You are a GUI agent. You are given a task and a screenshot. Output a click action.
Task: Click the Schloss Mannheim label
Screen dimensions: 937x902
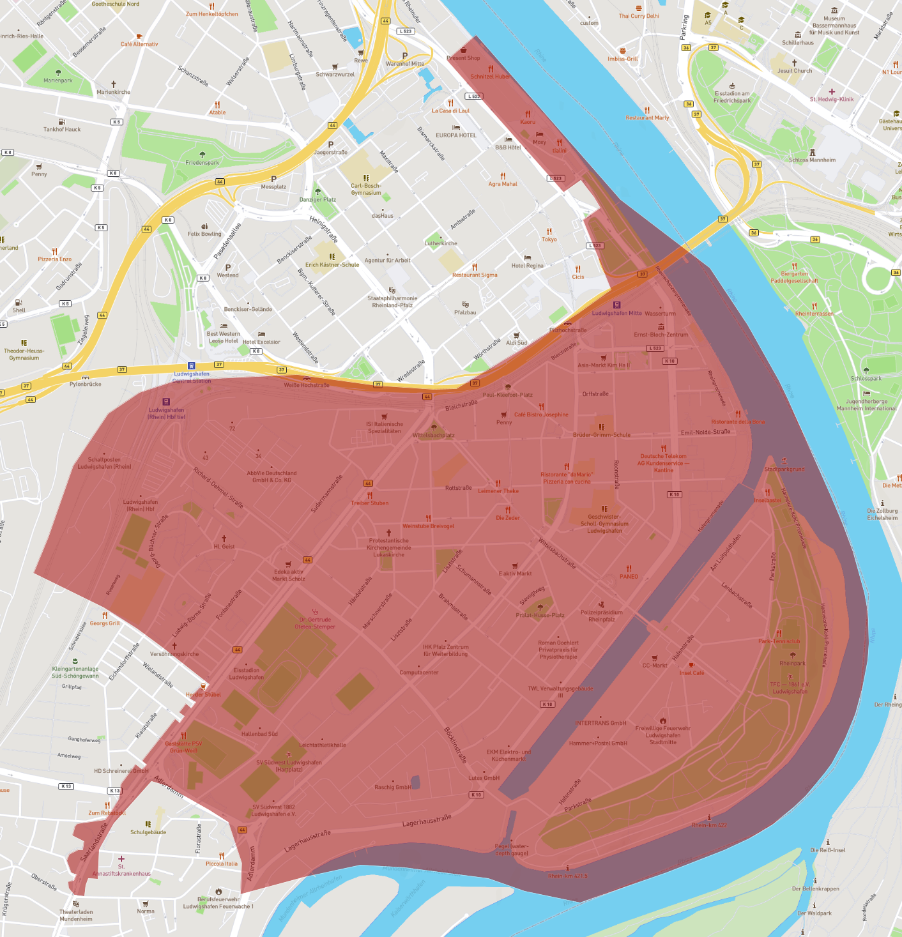pos(812,160)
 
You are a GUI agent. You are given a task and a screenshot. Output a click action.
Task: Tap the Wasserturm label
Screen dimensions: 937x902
pos(660,314)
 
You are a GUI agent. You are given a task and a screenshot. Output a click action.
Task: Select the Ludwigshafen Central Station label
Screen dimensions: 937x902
pos(192,377)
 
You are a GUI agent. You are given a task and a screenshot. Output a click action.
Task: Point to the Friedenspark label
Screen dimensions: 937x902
pos(203,162)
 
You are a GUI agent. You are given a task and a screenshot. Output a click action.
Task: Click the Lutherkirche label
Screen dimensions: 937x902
pos(441,243)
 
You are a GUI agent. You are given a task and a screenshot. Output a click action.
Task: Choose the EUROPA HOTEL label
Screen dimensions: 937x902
pos(456,135)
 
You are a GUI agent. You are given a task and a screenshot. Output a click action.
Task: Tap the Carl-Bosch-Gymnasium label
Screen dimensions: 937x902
pos(366,189)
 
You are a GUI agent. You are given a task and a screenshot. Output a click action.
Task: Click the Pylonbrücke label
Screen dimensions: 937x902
pos(86,384)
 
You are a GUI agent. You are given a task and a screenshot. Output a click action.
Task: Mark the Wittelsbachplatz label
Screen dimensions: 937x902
pos(434,435)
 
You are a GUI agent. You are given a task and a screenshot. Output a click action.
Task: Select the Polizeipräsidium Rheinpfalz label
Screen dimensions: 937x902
pos(601,616)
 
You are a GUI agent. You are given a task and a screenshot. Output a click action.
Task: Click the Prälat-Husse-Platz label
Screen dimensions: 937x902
pos(540,615)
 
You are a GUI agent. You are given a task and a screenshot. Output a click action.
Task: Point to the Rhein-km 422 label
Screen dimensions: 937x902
pos(709,825)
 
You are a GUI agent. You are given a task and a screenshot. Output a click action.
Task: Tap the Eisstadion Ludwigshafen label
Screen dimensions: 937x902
pos(247,674)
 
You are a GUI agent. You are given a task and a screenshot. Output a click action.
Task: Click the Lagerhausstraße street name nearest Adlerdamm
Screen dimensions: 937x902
pos(308,841)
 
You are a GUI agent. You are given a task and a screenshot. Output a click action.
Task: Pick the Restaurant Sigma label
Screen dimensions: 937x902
pos(475,275)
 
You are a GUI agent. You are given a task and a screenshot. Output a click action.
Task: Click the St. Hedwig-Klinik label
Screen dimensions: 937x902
pos(832,99)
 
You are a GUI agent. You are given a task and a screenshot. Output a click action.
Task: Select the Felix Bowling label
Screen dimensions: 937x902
pos(204,234)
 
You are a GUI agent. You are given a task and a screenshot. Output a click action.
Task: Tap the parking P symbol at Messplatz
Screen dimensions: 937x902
pos(274,179)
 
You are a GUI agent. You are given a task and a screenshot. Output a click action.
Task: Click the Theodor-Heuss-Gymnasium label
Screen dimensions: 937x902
pos(24,354)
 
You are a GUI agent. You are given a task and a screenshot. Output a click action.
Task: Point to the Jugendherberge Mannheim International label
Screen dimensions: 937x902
pos(866,405)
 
